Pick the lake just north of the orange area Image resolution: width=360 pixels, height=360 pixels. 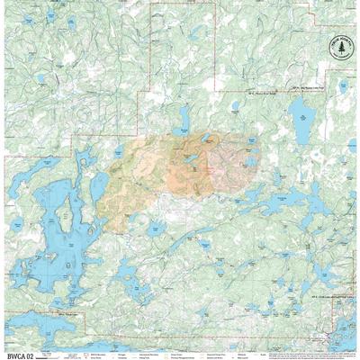point(184,117)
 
